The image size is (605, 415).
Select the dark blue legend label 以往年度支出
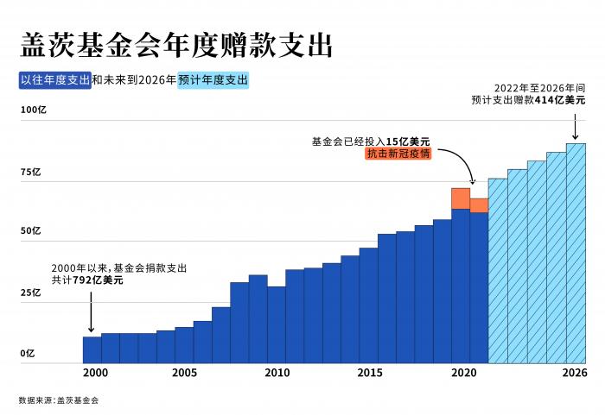coord(55,79)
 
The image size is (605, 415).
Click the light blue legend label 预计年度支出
coord(213,79)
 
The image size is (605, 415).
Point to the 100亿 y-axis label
coord(32,110)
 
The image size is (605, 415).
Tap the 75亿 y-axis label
coord(30,172)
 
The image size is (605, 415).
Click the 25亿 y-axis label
coord(30,292)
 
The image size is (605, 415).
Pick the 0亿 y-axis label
coord(28,353)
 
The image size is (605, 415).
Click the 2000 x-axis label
coord(95,373)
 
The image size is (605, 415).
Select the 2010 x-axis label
coord(277,373)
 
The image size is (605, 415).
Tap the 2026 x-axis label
coord(575,373)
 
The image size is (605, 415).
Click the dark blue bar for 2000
coord(92,349)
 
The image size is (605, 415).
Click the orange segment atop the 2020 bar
coord(461,198)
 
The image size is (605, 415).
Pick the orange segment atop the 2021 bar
coord(479,204)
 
